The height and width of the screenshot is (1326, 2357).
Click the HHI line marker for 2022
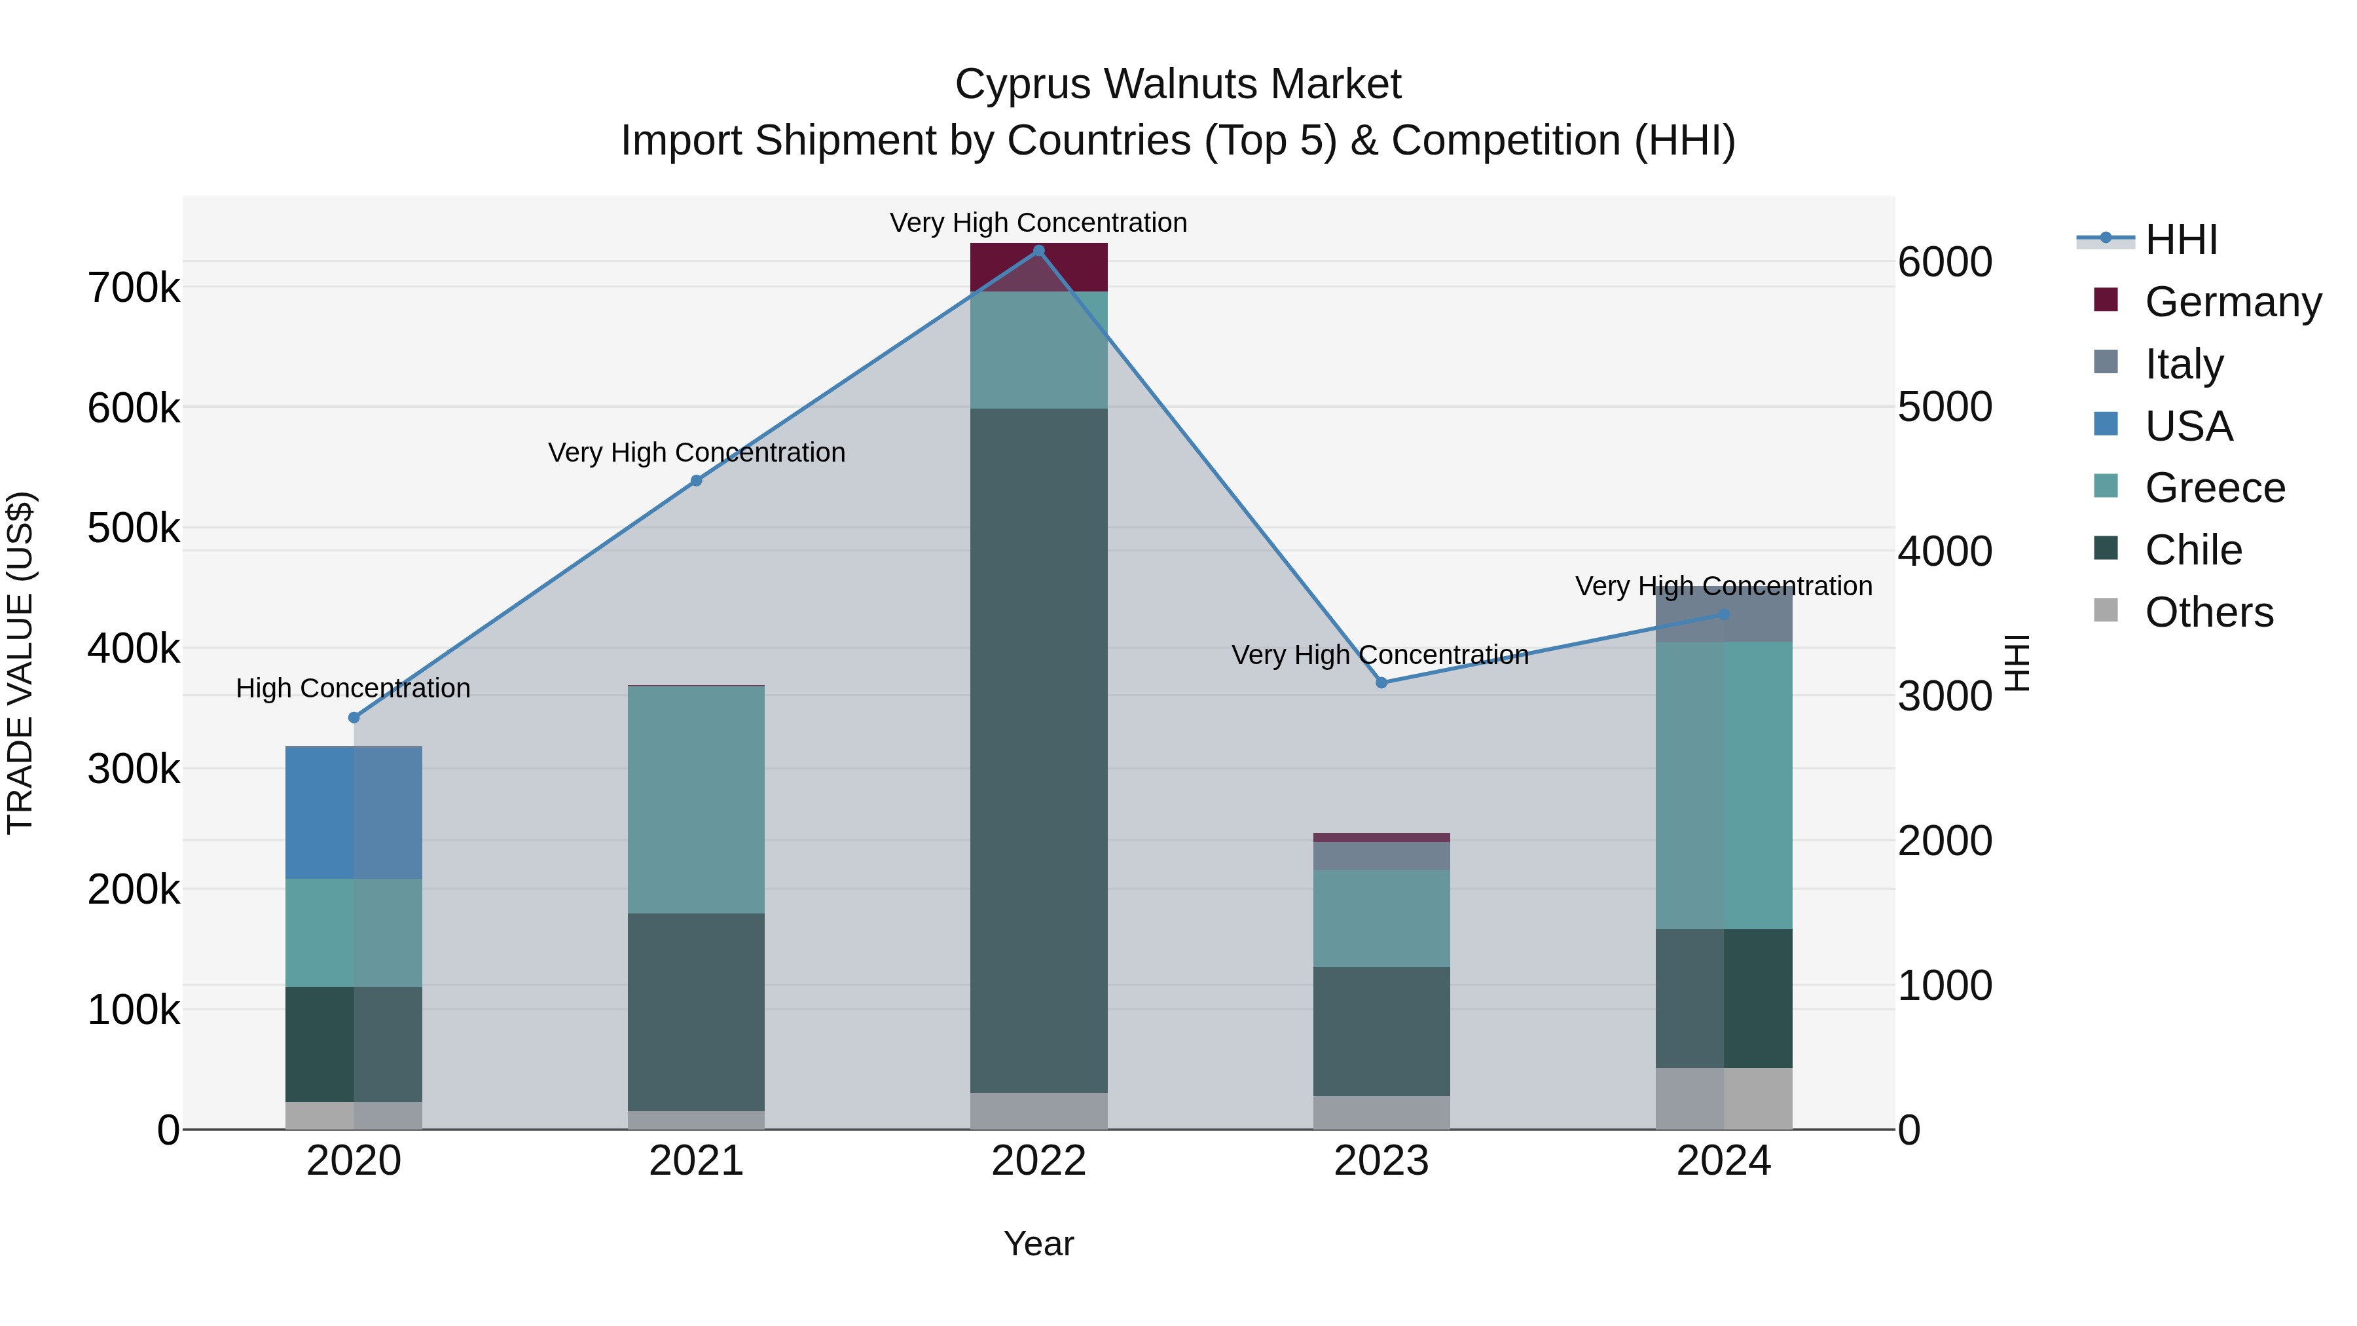coord(1038,251)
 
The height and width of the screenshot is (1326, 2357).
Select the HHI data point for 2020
coord(354,718)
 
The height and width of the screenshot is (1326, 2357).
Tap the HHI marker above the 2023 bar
coord(1381,683)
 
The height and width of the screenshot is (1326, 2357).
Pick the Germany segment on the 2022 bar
coord(1038,267)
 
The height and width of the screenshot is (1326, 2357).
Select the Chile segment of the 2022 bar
coord(1038,750)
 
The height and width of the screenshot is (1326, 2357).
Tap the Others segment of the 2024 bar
coord(1724,1098)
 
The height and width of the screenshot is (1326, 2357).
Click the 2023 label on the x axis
coord(1381,1161)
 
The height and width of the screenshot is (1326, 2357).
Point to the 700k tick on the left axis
coord(134,288)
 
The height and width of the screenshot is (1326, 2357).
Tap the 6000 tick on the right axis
coord(1945,262)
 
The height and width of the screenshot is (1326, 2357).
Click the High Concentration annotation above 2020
coord(353,688)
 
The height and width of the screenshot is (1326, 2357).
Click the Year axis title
coord(1038,1243)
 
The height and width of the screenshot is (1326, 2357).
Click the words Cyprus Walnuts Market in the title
coord(1178,84)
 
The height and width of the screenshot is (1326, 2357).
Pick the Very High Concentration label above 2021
coord(697,453)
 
